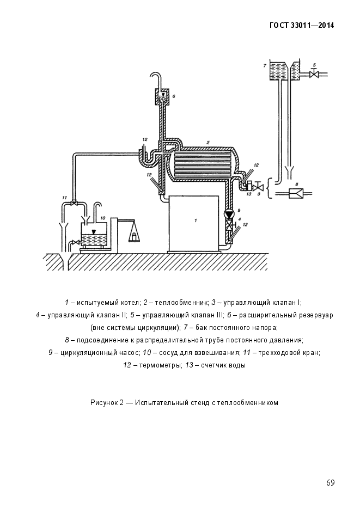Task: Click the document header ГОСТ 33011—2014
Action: pos(302,25)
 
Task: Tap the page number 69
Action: pos(330,483)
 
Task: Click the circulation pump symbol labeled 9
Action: pos(229,214)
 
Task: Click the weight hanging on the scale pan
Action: pos(132,235)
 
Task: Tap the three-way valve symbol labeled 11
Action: pos(76,203)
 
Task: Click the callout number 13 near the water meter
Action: pos(248,194)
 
